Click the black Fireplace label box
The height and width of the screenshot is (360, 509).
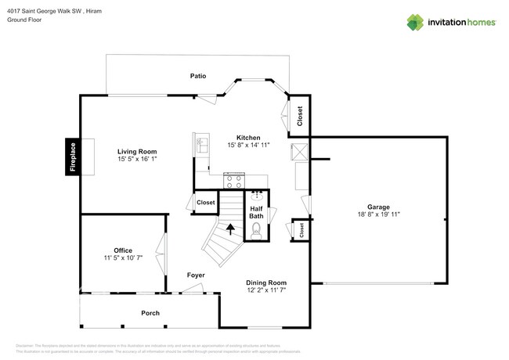click(x=73, y=157)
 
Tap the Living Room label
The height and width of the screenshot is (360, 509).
click(x=137, y=151)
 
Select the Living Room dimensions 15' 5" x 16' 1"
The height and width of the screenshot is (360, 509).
click(x=137, y=160)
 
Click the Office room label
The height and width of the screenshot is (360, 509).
click(x=123, y=250)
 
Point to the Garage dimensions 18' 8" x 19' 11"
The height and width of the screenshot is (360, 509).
click(x=379, y=213)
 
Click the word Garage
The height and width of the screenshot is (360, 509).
click(x=379, y=205)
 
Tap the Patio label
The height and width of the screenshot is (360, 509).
click(x=198, y=76)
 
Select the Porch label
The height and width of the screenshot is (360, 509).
click(x=150, y=313)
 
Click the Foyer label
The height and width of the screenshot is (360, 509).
click(x=196, y=275)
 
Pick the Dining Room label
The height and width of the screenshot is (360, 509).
click(x=266, y=283)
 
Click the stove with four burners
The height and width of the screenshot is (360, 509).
click(x=233, y=181)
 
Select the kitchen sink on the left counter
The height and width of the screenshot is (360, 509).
click(x=201, y=145)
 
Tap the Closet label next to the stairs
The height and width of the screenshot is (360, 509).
click(x=205, y=202)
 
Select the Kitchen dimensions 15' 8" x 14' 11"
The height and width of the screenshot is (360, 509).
click(x=249, y=145)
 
